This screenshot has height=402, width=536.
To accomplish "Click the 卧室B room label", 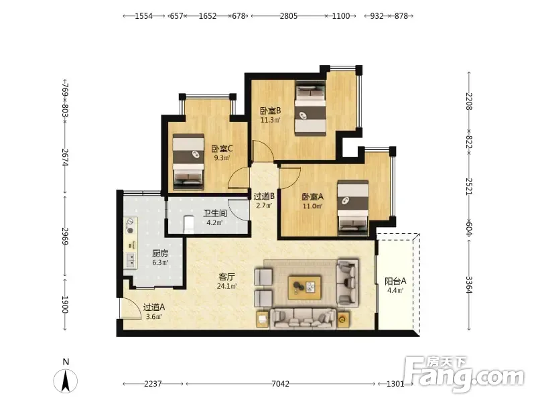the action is (271, 111).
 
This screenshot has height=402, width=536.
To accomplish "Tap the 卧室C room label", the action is (222, 149).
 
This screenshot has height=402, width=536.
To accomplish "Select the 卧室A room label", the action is (312, 197).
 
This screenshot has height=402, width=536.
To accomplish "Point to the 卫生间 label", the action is (215, 214).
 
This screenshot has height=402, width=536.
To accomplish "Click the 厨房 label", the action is (160, 253).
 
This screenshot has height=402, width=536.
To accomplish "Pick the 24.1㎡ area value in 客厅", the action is (226, 286).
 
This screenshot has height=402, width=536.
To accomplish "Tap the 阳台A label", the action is (395, 281).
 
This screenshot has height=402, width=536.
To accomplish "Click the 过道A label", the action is (154, 308).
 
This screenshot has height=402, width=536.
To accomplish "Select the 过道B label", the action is (264, 196).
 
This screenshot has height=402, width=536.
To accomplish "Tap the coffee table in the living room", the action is (305, 288).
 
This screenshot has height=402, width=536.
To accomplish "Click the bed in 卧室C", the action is (188, 162).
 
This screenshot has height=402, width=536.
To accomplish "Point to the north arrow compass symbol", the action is (66, 380).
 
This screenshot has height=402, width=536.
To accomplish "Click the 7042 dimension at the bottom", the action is (280, 384).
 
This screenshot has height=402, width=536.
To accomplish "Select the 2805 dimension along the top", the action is (289, 16).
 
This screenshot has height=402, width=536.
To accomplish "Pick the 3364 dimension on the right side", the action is (468, 285).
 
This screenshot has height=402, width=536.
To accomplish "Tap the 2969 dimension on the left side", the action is (65, 237).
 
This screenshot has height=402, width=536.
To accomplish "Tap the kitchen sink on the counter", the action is (131, 260).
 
